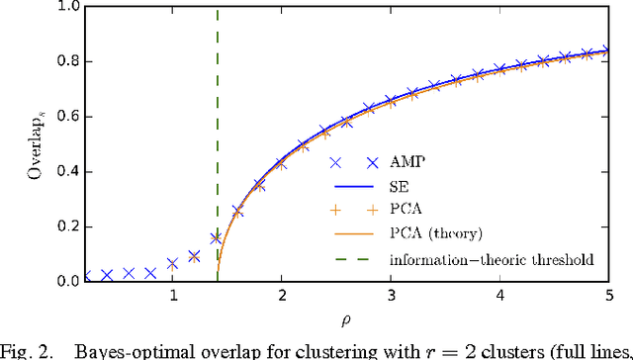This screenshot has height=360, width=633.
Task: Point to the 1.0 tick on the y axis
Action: tap(146, 6)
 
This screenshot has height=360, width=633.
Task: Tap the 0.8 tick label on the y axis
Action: tap(146, 61)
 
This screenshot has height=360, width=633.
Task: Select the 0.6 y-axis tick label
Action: tap(146, 117)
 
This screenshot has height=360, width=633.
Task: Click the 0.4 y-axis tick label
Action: tap(146, 171)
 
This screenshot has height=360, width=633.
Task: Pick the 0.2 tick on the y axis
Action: tap(146, 226)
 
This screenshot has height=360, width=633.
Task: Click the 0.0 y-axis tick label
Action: tap(146, 282)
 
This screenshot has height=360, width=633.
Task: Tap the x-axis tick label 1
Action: tap(173, 298)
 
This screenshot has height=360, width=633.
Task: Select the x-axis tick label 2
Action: tap(282, 298)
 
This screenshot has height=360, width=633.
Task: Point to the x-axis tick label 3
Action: tap(391, 298)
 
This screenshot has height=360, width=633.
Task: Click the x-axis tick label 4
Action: tap(499, 298)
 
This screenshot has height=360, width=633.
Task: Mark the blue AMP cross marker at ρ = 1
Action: tap(173, 264)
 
